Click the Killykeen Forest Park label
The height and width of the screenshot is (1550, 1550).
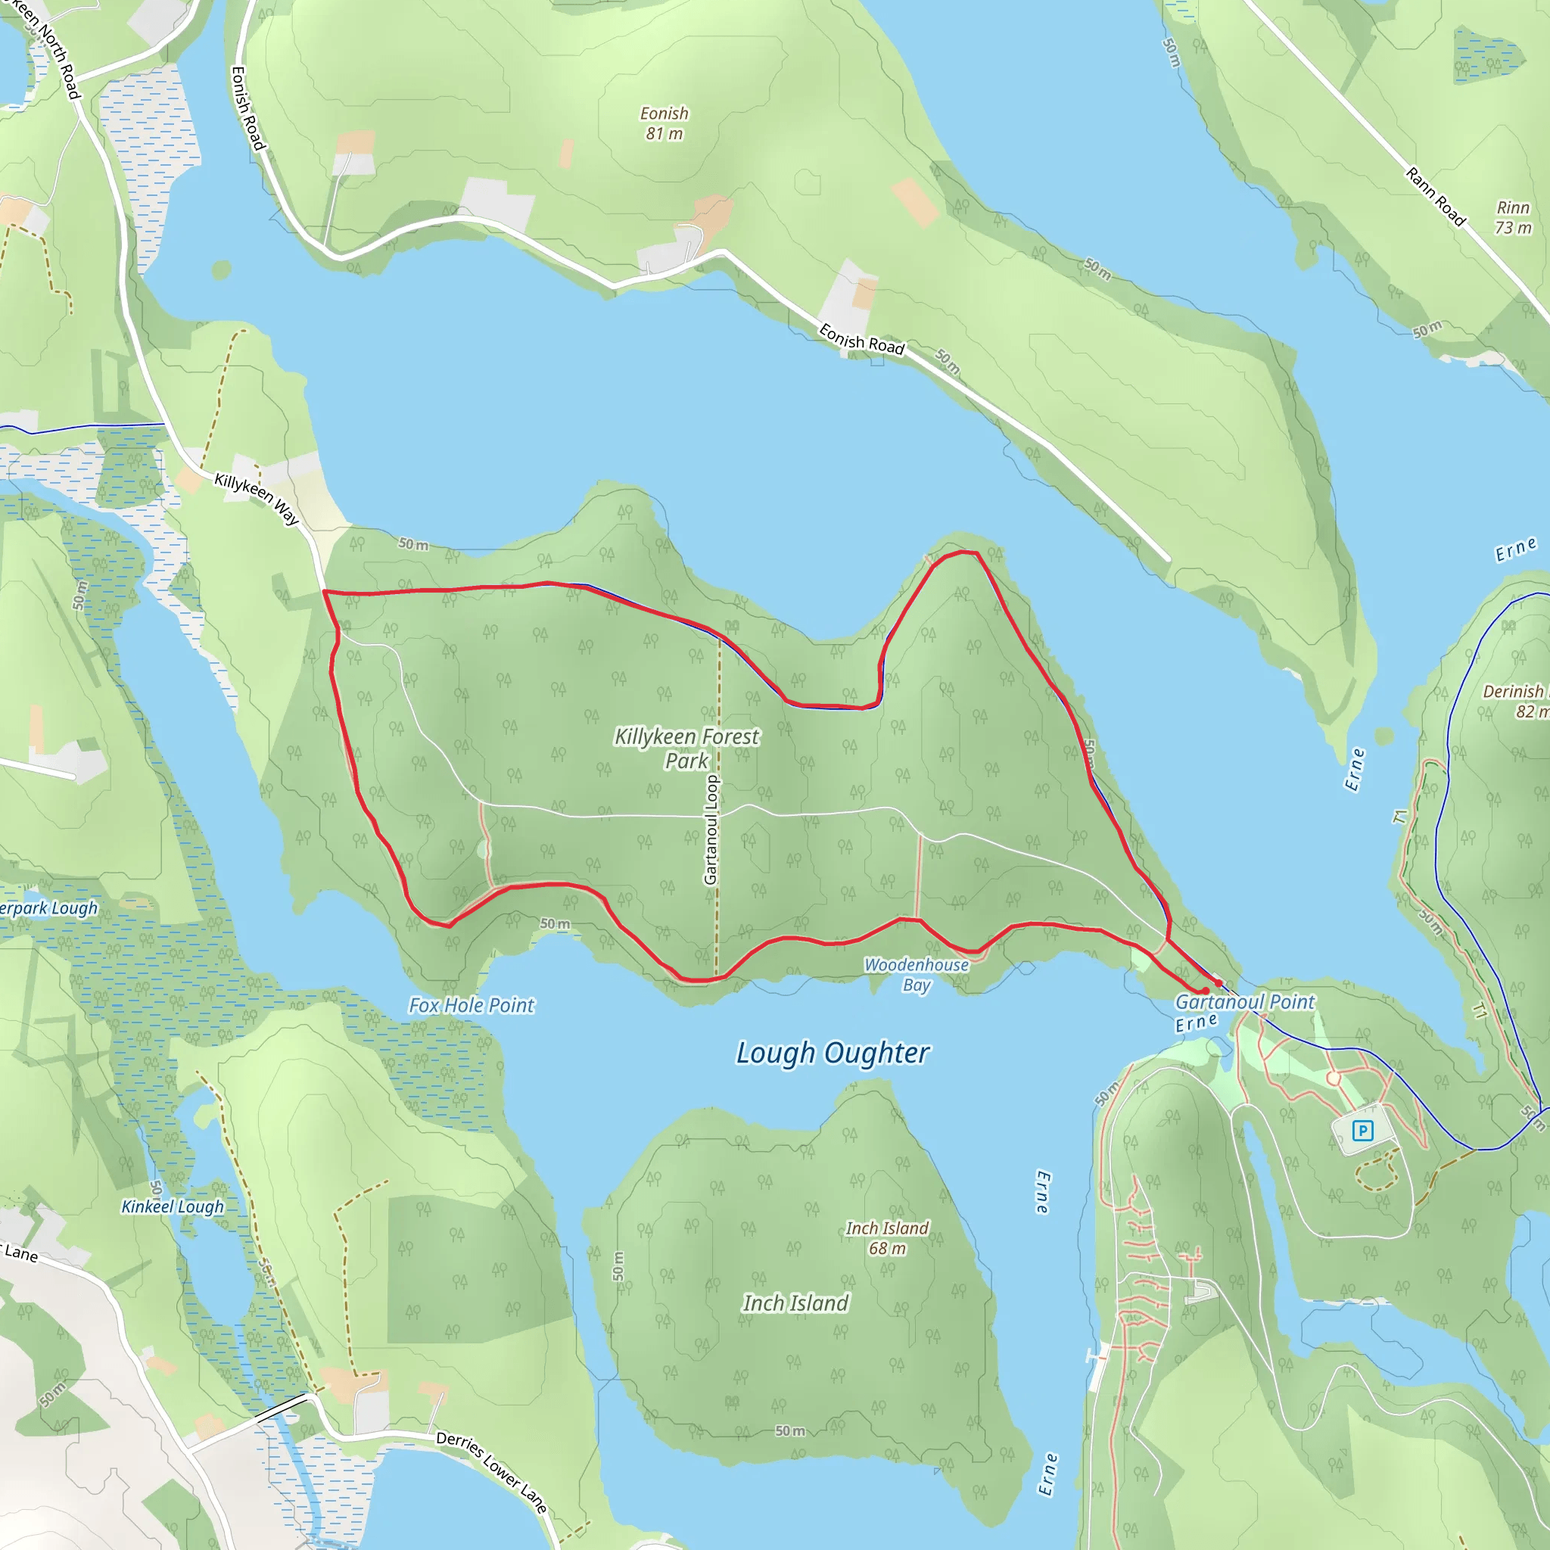coord(686,748)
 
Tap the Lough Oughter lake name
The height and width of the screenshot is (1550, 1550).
coord(832,1053)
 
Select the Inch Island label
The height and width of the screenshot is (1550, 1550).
coord(795,1303)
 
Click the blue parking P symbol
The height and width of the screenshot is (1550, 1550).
coord(1362,1131)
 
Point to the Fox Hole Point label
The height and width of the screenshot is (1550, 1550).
coord(471,1005)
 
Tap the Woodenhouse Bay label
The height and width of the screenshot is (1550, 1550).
coord(917,974)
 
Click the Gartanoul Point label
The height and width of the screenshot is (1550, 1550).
coord(1244,1001)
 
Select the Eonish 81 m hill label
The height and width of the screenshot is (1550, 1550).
coord(665,123)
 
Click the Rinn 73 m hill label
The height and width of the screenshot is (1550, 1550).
coord(1513,217)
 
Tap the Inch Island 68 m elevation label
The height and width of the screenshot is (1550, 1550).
coord(887,1238)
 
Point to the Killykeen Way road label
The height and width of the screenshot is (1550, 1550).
coord(257,498)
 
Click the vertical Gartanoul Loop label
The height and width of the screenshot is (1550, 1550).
coord(711,830)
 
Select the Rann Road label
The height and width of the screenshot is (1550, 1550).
coord(1435,197)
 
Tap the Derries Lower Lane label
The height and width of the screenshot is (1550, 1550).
coord(492,1471)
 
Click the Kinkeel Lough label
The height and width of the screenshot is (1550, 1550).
coord(173,1206)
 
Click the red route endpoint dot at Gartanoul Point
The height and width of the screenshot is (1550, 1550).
coord(1218,983)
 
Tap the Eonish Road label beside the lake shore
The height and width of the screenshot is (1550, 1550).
coord(861,338)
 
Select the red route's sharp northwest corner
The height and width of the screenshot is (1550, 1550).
coord(324,591)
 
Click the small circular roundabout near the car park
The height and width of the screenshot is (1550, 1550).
coord(1334,1079)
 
